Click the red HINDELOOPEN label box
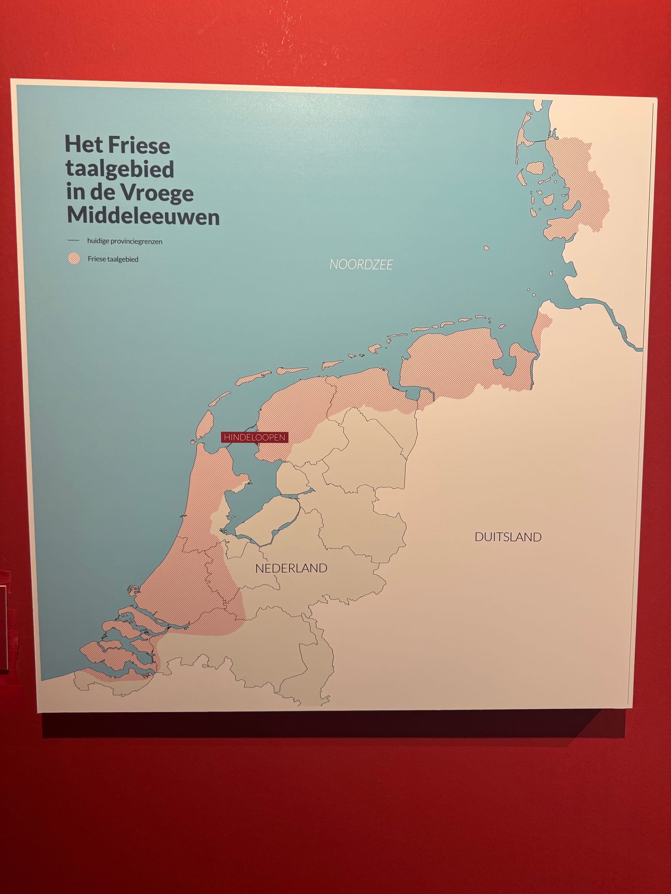pos(254,437)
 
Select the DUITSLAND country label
pos(508,537)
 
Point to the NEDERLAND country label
pos(291,568)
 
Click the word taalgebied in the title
pos(120,169)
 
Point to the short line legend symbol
pos(73,240)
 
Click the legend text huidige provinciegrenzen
pos(124,241)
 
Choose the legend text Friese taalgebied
pos(113,259)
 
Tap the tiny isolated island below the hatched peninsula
pos(486,248)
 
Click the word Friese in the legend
pos(97,259)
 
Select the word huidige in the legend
pos(98,241)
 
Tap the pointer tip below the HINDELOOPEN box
pos(256,444)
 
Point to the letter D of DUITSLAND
pos(478,537)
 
